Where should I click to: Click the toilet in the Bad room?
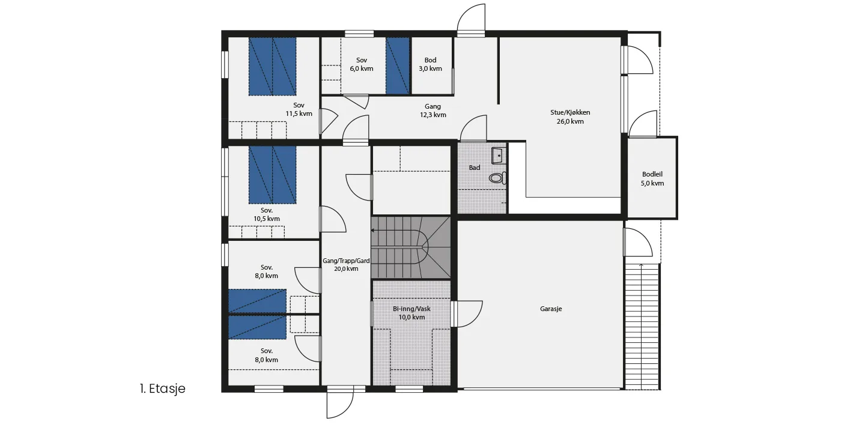pos(498,178)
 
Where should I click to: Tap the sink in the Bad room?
pos(499,156)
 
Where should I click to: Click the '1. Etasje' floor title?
pos(163,389)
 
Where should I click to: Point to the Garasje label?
pos(551,309)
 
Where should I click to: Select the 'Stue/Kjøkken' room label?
pos(570,112)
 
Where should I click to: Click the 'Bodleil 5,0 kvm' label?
pos(652,178)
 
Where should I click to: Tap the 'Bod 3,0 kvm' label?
pos(430,64)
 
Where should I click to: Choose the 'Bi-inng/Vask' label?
pos(411,309)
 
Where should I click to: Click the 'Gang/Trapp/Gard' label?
pos(346,261)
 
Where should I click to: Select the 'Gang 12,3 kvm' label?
pos(433,111)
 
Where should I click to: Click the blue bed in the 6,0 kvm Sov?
pos(398,65)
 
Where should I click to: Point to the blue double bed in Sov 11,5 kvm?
pos(272,67)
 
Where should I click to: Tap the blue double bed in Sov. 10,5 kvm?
pos(272,175)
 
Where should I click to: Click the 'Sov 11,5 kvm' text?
pos(299,109)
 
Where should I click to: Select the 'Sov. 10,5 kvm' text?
pos(267,214)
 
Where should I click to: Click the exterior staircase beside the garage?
pos(642,327)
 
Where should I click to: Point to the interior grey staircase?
pos(411,247)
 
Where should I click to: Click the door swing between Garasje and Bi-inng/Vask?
pos(467,313)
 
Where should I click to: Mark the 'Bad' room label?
pos(475,168)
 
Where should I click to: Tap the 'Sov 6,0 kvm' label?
pos(362,64)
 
